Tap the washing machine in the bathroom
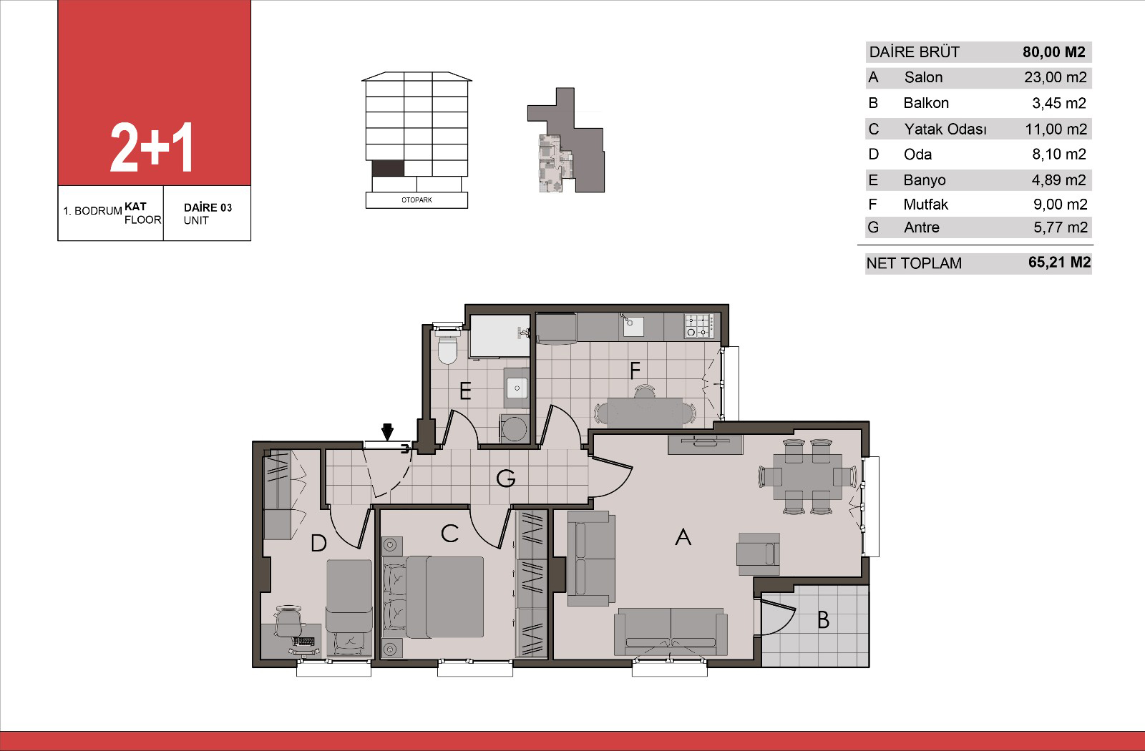(x=515, y=428)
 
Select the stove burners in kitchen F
(x=698, y=326)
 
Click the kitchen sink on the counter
(x=633, y=326)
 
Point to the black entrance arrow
(x=387, y=432)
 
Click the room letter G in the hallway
(x=505, y=478)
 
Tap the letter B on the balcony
(x=823, y=619)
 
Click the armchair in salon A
(x=758, y=554)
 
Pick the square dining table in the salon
(x=807, y=476)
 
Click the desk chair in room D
(x=289, y=621)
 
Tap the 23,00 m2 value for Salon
(x=1055, y=77)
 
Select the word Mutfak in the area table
(x=925, y=205)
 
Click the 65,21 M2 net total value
(x=1059, y=262)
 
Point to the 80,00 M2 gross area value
(x=1053, y=51)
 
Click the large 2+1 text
(x=151, y=147)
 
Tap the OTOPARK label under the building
(x=416, y=200)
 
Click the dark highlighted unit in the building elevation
(x=388, y=168)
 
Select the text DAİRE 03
(x=208, y=207)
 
